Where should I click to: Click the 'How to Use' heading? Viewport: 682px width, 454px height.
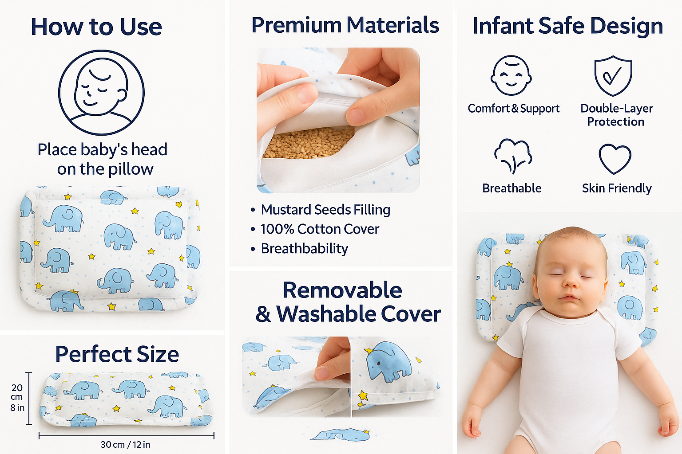pyautogui.click(x=96, y=27)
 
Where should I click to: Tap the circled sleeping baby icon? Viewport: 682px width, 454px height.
pyautogui.click(x=101, y=92)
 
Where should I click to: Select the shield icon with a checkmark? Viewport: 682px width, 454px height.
pyautogui.click(x=613, y=75)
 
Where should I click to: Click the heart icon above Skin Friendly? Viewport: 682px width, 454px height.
pyautogui.click(x=615, y=159)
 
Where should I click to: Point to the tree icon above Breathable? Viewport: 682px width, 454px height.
pyautogui.click(x=512, y=156)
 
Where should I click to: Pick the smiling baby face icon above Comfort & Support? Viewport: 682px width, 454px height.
pyautogui.click(x=511, y=75)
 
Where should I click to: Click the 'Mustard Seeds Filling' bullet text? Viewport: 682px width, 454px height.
pyautogui.click(x=325, y=209)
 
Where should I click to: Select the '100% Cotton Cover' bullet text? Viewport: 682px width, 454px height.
pyautogui.click(x=320, y=229)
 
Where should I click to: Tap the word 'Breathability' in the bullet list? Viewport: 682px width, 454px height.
pyautogui.click(x=304, y=248)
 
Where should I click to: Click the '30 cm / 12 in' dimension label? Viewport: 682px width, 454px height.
pyautogui.click(x=125, y=444)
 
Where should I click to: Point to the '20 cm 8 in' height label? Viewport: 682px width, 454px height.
pyautogui.click(x=17, y=397)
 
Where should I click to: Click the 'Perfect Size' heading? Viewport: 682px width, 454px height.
pyautogui.click(x=117, y=354)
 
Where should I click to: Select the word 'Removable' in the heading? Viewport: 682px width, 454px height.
pyautogui.click(x=342, y=290)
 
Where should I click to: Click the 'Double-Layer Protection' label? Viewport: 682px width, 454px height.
pyautogui.click(x=616, y=115)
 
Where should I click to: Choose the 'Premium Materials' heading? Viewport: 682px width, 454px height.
pyautogui.click(x=345, y=25)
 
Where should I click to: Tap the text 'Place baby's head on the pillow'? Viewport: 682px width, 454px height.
pyautogui.click(x=103, y=159)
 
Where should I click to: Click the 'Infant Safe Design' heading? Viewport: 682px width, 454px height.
pyautogui.click(x=567, y=26)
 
